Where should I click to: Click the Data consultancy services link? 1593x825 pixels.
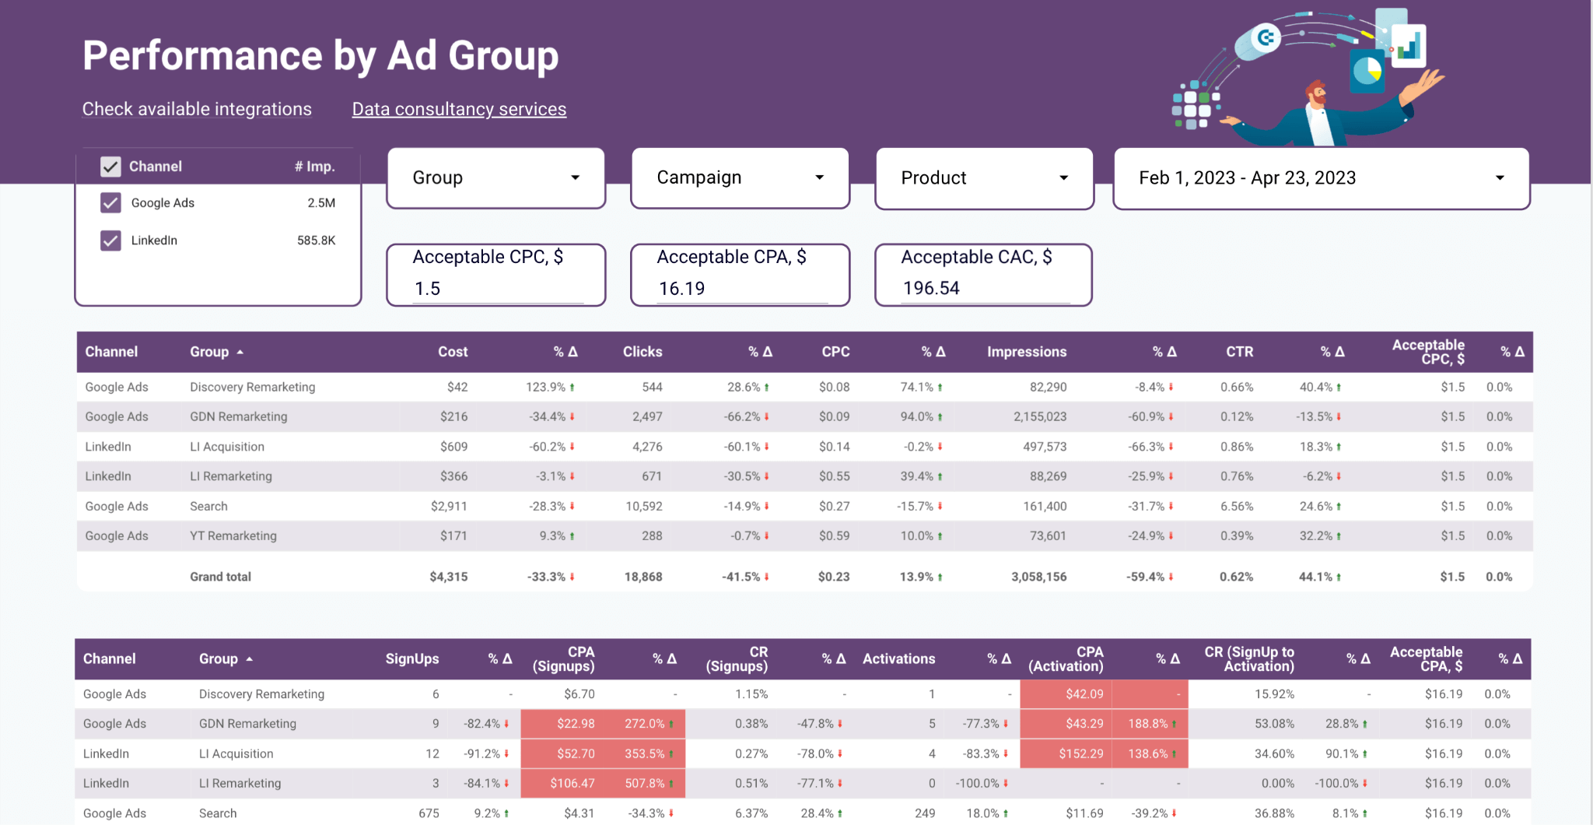coord(459,109)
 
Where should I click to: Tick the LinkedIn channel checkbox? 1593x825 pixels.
coord(110,240)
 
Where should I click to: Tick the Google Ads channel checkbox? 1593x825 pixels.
coord(110,203)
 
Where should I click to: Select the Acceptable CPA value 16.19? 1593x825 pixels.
coord(681,289)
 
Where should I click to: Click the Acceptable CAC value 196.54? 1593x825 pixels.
coord(931,289)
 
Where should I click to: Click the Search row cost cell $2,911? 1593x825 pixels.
coord(449,506)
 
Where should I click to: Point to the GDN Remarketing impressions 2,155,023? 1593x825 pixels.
coord(1039,416)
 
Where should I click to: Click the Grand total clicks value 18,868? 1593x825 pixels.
coord(643,577)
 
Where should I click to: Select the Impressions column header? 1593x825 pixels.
coord(1026,352)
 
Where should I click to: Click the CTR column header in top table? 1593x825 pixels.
coord(1239,352)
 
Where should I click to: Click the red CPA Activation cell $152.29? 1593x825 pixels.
coord(1080,753)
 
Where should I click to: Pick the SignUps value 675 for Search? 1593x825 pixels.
coord(429,813)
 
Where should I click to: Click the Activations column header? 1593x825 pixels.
coord(898,658)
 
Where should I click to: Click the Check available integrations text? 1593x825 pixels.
coord(197,109)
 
